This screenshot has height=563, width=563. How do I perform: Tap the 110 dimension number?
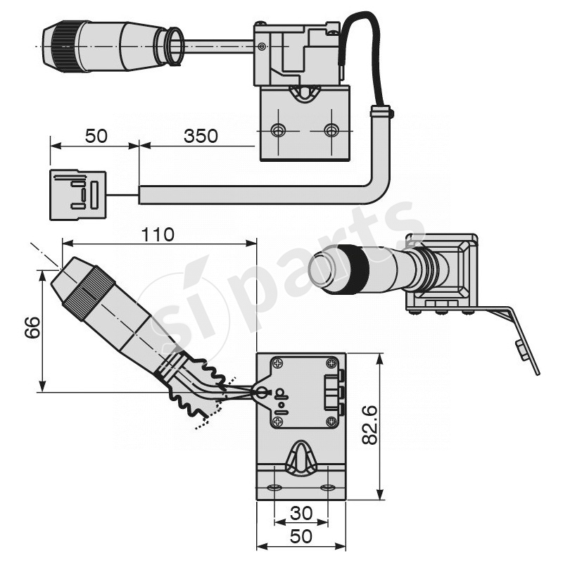158,234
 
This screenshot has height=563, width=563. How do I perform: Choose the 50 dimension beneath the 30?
301,536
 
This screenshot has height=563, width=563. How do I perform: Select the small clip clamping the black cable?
381,111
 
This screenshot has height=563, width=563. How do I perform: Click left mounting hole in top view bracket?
279,130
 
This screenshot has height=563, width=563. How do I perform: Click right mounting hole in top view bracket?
331,130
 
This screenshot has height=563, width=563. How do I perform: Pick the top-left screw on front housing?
279,364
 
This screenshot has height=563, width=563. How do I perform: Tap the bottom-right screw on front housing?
330,422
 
